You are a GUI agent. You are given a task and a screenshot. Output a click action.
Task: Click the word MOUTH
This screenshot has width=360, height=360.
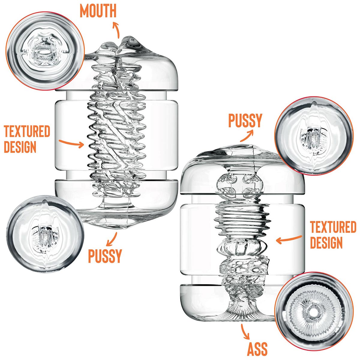tap(98, 11)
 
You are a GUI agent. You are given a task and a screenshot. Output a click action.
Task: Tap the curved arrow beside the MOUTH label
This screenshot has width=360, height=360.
tap(116, 30)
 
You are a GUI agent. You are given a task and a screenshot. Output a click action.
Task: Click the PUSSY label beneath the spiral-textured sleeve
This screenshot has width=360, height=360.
tap(105, 256)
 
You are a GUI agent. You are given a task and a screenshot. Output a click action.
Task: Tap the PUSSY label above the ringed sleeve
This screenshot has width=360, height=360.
tap(245, 121)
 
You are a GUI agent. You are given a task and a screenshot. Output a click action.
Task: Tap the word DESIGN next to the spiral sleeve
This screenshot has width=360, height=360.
tap(20, 147)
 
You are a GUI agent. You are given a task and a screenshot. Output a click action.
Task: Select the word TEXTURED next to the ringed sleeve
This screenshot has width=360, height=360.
tap(333, 227)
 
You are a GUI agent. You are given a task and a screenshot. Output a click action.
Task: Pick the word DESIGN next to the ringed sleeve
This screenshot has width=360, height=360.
tap(326, 242)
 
